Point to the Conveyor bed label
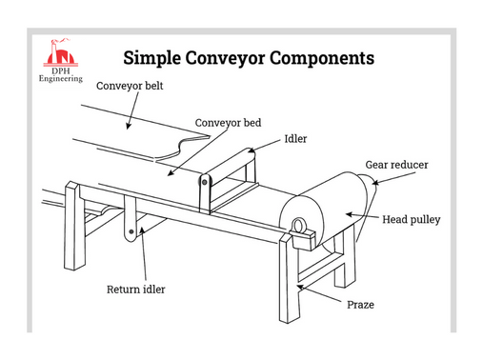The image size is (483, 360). [x=228, y=123]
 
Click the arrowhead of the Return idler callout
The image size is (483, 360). [x=141, y=232]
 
